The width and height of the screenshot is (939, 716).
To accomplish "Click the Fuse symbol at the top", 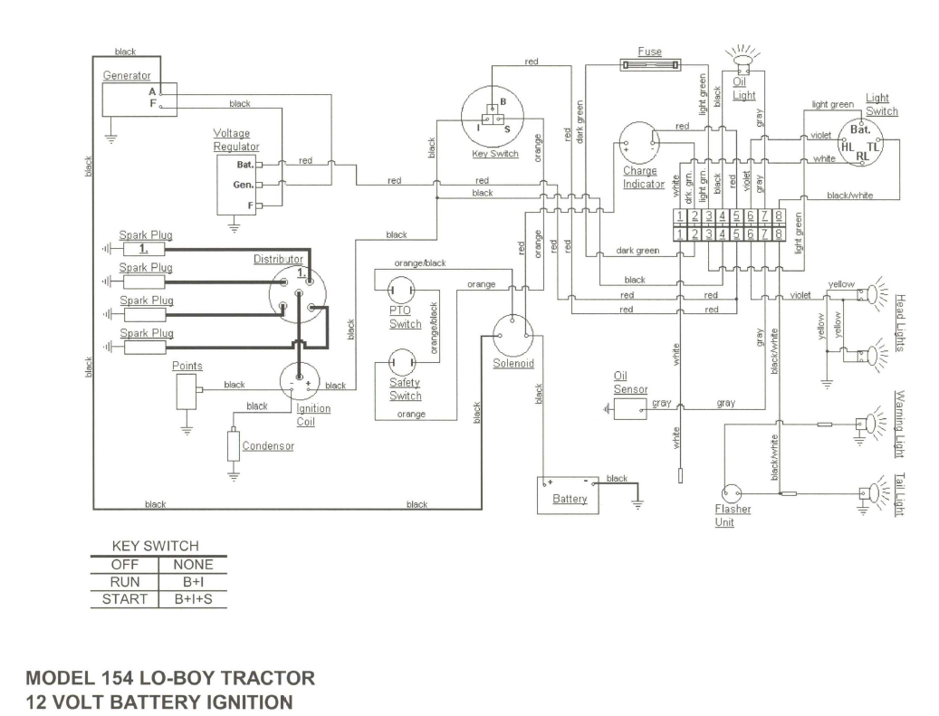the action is click(x=651, y=64).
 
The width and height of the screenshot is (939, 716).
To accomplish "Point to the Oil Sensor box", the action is click(x=629, y=409).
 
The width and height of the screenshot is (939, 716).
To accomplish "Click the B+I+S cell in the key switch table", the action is click(x=193, y=599).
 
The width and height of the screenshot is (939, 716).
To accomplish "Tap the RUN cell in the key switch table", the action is click(x=125, y=582).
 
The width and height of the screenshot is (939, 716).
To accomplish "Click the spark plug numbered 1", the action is click(x=144, y=248).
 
